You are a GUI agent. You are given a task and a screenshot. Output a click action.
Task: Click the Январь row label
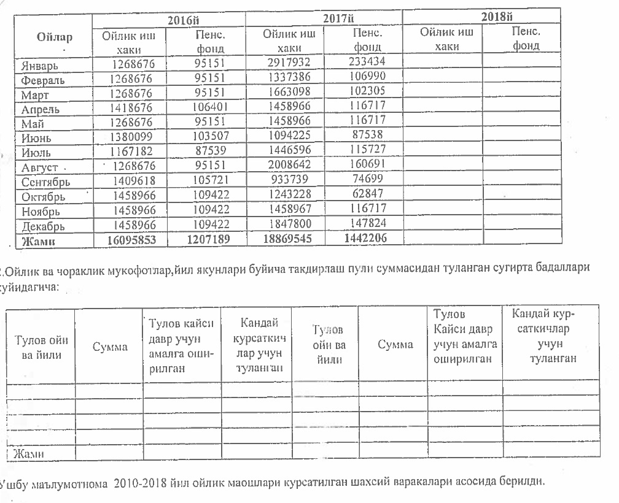(42, 65)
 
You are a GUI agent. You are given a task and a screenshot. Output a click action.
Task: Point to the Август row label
(41, 167)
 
